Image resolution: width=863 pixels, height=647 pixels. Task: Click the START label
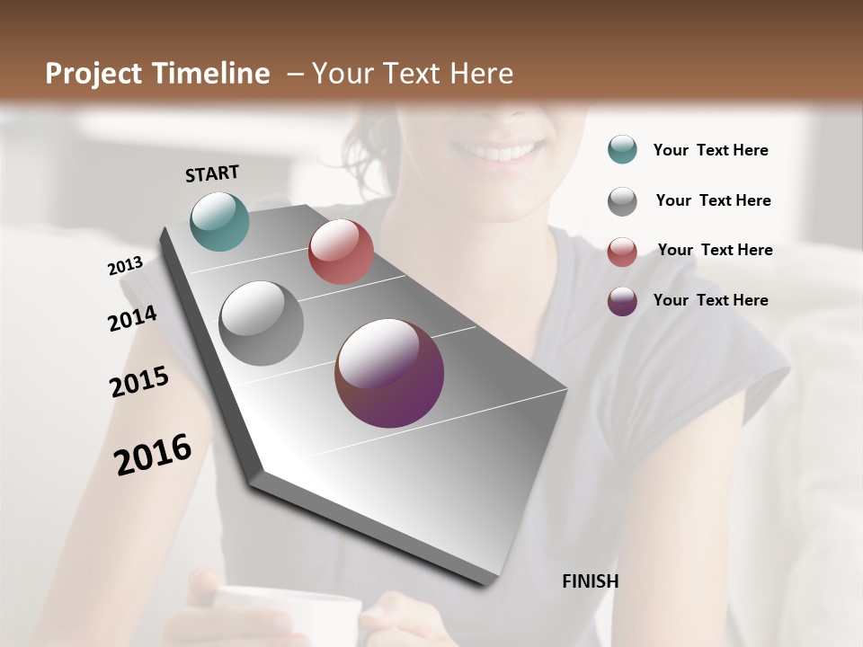pos(212,173)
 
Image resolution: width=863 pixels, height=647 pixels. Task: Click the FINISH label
pos(590,581)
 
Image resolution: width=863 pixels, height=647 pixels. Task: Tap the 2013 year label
pos(125,266)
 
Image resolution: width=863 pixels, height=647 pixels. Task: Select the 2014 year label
pos(132,319)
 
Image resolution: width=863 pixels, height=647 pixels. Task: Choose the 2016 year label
pos(153,455)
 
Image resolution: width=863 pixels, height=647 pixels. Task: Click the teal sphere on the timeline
pos(219,221)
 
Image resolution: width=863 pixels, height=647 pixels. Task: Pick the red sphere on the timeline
pos(341,252)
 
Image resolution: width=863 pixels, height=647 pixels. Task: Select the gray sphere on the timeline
pos(261,323)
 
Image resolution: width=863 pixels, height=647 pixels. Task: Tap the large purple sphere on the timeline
pos(389,373)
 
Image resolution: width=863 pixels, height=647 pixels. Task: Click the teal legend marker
pos(622,149)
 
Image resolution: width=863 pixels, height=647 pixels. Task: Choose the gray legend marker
pos(622,201)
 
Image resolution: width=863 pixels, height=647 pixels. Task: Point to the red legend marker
pos(622,252)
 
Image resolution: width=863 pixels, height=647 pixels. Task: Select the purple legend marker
pos(622,301)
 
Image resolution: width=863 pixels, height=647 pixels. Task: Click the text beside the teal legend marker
pos(710,151)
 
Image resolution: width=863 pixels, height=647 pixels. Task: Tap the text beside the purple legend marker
pos(710,300)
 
